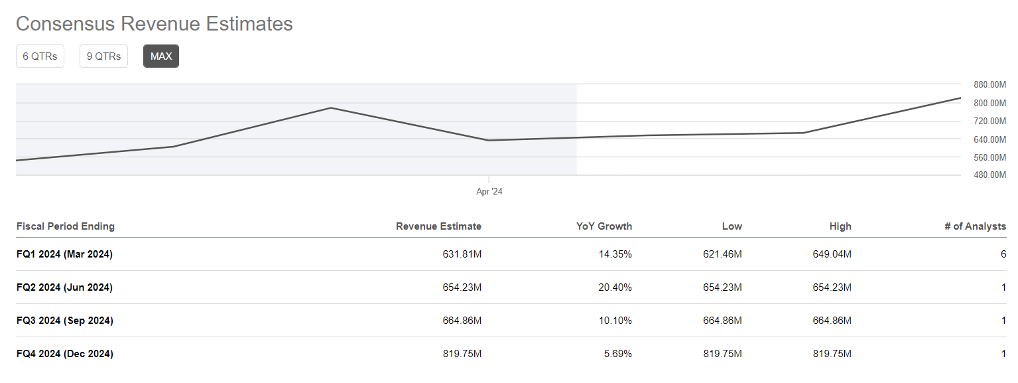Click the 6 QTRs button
pyautogui.click(x=40, y=56)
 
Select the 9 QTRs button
pyautogui.click(x=103, y=56)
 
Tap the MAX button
pyautogui.click(x=161, y=56)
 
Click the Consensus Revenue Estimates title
pyautogui.click(x=154, y=24)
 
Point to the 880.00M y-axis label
pyautogui.click(x=989, y=84)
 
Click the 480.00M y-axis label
pyautogui.click(x=989, y=175)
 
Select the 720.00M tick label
pyautogui.click(x=989, y=121)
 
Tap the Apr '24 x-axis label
pyautogui.click(x=489, y=192)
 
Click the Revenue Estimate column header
pyautogui.click(x=438, y=226)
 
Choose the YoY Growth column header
pyautogui.click(x=604, y=226)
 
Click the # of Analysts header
pyautogui.click(x=975, y=226)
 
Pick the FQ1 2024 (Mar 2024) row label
pyautogui.click(x=64, y=254)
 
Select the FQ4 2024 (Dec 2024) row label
pyautogui.click(x=64, y=354)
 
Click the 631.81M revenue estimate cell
pyautogui.click(x=462, y=254)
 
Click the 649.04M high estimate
pyautogui.click(x=832, y=254)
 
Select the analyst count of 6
pyautogui.click(x=1003, y=254)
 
